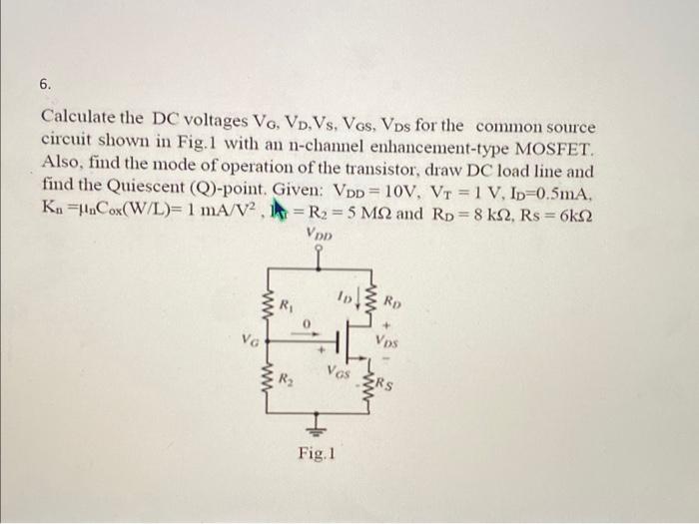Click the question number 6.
click(x=46, y=86)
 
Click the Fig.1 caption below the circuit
click(x=316, y=454)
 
